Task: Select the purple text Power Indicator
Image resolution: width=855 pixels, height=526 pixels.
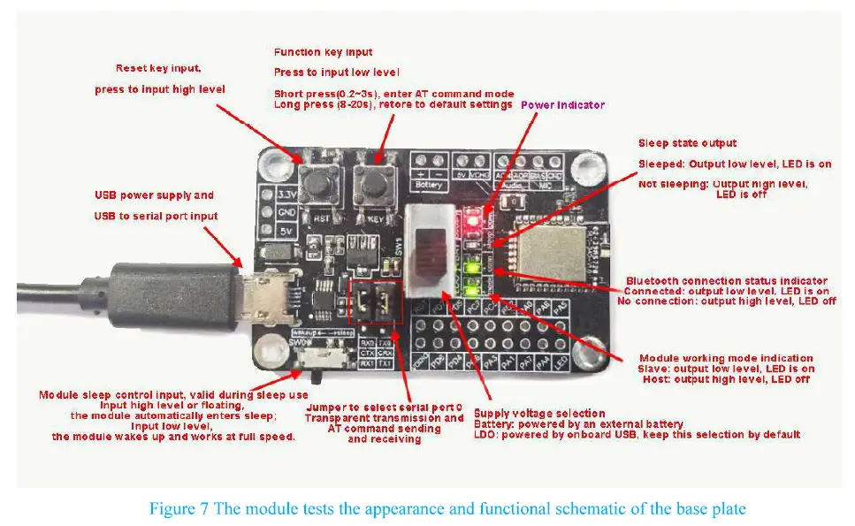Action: point(562,105)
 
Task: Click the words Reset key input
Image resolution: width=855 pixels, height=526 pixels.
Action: point(160,68)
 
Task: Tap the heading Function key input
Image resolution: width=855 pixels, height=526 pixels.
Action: point(323,52)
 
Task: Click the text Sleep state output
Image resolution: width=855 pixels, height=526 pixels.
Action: point(687,143)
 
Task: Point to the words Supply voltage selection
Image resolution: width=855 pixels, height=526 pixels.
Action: point(539,413)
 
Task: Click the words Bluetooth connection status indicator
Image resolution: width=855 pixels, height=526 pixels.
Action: point(727,281)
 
